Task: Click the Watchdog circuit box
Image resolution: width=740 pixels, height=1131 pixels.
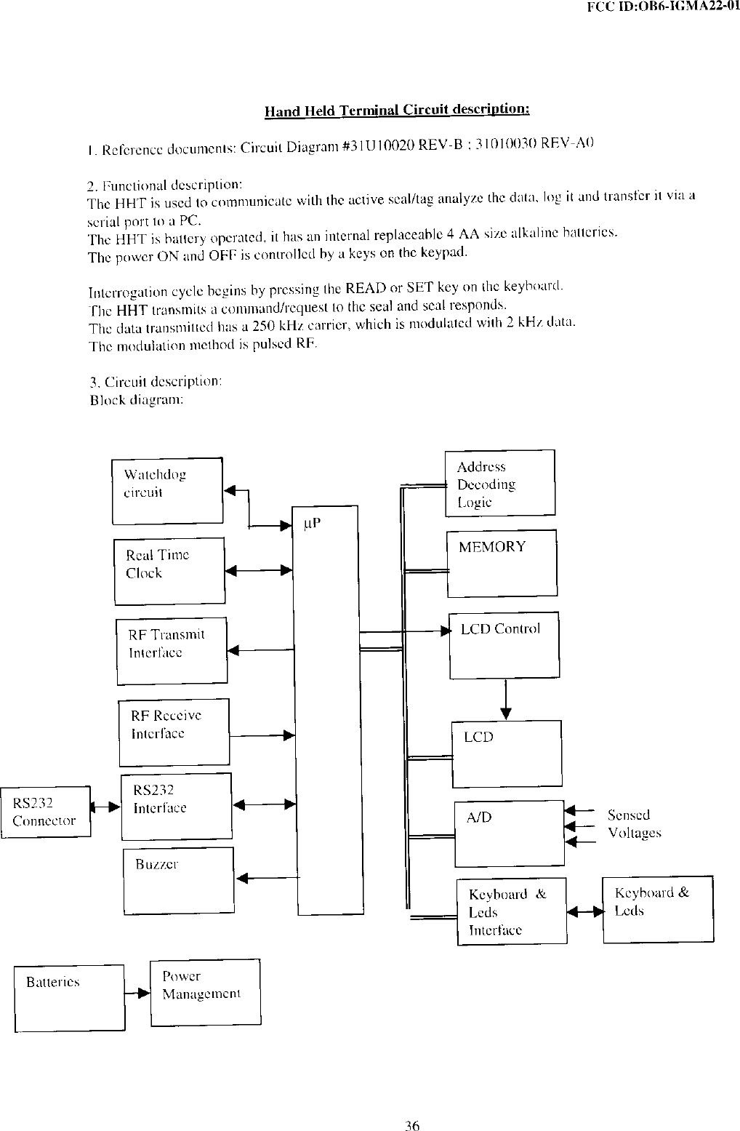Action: (167, 490)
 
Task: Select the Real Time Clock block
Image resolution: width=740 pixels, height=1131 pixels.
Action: (169, 571)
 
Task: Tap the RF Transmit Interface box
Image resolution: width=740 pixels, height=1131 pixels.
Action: (172, 651)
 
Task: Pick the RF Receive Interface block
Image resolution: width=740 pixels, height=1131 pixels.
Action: (174, 732)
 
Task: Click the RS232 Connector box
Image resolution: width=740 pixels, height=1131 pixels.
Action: (45, 812)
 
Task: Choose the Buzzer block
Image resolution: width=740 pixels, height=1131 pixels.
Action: (178, 880)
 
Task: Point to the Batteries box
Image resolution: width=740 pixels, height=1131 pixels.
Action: (69, 997)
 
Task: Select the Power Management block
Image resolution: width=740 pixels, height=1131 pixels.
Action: (205, 992)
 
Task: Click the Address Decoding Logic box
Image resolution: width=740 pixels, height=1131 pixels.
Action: (499, 483)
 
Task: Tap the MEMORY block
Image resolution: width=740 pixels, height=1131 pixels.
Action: (502, 562)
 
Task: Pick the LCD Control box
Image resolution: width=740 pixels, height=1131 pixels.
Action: (504, 644)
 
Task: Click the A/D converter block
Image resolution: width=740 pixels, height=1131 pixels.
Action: (509, 833)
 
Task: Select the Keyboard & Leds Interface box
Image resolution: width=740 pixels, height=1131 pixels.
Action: (512, 911)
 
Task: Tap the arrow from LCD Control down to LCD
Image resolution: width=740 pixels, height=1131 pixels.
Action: (506, 698)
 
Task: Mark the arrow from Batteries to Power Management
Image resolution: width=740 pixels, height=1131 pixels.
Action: (137, 994)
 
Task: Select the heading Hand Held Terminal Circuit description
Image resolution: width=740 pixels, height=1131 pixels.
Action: (397, 111)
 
